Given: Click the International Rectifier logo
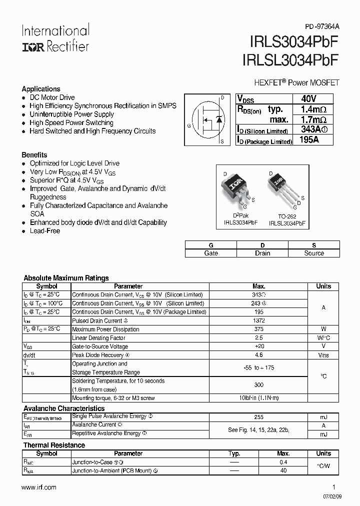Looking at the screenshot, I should click(55, 38).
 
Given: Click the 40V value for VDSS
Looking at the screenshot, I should click(309, 98).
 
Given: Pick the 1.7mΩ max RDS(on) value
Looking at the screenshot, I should click(313, 119).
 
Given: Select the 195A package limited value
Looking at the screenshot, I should click(308, 140).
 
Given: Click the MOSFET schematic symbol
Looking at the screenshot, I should click(209, 119).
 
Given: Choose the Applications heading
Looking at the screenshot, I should click(41, 89).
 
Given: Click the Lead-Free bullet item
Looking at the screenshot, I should click(44, 231).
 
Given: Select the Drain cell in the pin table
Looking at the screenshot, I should click(262, 253).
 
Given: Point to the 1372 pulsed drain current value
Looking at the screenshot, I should click(259, 320).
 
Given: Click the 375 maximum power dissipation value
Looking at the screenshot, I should click(259, 329).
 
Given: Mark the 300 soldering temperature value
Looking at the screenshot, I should click(259, 385).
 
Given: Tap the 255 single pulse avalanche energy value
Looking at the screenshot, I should click(259, 416).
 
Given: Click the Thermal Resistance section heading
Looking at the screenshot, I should click(54, 445).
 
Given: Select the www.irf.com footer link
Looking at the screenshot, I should click(39, 487).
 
